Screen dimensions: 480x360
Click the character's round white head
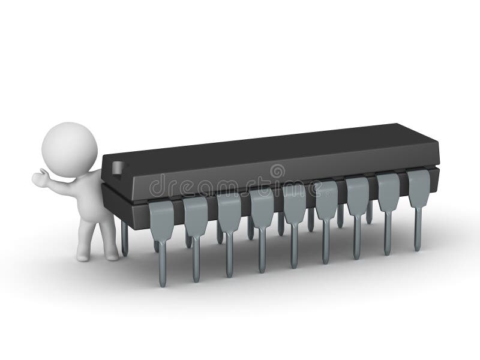coord(70,149)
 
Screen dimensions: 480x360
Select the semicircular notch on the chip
coord(117,168)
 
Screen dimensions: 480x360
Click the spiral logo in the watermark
coord(277,171)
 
